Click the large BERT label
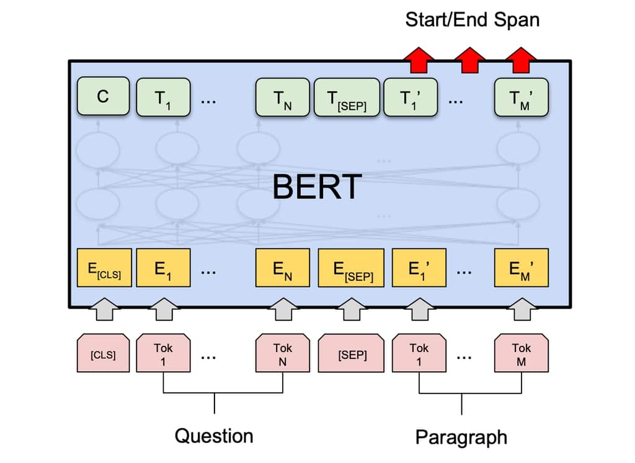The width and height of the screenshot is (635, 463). click(317, 186)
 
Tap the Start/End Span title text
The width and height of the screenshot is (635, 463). click(472, 19)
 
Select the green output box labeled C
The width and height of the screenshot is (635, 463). click(103, 96)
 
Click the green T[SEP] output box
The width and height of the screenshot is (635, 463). click(348, 97)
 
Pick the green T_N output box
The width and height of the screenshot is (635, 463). click(283, 97)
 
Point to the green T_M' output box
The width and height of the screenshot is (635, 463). click(521, 97)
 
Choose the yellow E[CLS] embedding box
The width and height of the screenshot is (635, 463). click(104, 268)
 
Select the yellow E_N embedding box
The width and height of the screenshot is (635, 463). click(283, 268)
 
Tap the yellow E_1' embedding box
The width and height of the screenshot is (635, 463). click(419, 268)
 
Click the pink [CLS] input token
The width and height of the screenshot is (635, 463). click(103, 355)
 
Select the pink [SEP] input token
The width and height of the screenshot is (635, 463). click(352, 355)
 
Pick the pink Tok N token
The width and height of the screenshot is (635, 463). click(283, 355)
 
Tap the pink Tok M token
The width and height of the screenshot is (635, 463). click(521, 355)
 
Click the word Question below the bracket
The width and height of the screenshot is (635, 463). click(214, 435)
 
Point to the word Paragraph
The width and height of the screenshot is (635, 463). click(461, 437)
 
